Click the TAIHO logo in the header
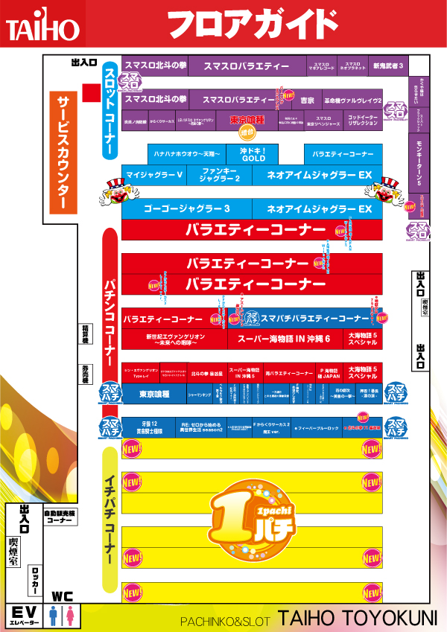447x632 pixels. (x=42, y=28)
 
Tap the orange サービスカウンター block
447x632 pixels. (x=63, y=153)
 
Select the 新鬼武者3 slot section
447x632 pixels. (x=388, y=66)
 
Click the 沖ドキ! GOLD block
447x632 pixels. (x=253, y=154)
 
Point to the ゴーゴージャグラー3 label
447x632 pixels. (x=186, y=209)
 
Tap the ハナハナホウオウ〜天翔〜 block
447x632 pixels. (x=187, y=154)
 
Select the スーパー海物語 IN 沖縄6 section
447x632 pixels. (x=284, y=339)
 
